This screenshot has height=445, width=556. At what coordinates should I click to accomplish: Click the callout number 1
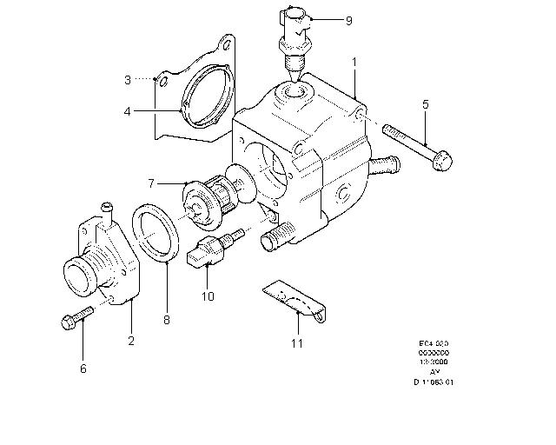[x=354, y=63]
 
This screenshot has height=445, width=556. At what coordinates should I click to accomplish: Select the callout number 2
[x=131, y=341]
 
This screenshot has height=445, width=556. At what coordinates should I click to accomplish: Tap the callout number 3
[x=127, y=80]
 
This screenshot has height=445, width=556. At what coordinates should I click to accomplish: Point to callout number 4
[x=127, y=111]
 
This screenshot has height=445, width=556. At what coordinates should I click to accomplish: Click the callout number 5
[x=426, y=105]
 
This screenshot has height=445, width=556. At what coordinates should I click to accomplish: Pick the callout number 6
[x=83, y=369]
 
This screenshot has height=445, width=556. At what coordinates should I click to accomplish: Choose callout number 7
[x=150, y=183]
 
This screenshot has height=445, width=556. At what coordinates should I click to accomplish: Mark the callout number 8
[x=167, y=319]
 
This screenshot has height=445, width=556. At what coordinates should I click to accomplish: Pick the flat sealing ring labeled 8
[x=156, y=232]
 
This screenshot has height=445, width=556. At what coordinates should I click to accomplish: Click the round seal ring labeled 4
[x=208, y=105]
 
